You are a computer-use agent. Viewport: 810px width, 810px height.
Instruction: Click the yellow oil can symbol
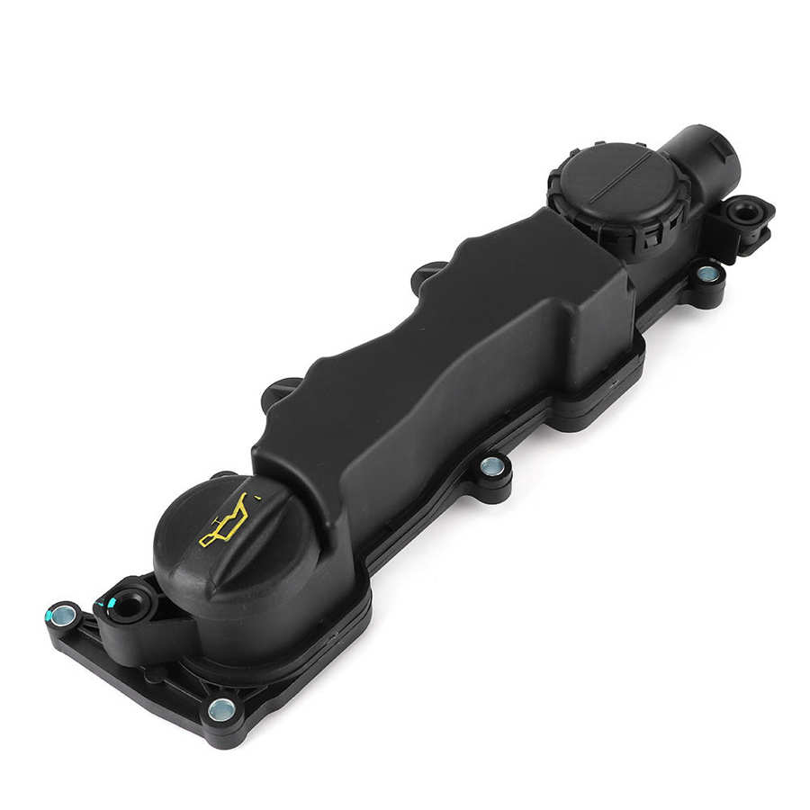[x=225, y=523]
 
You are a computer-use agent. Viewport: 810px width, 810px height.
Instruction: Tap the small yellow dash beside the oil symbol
[x=259, y=496]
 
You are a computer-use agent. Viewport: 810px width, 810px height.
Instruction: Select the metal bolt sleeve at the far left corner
[x=63, y=616]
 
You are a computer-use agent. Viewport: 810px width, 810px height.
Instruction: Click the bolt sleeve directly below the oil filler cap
[x=219, y=710]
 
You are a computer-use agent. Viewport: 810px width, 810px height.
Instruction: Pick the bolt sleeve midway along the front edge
[x=491, y=465]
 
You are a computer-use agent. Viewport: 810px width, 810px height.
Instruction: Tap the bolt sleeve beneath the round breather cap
[x=707, y=272]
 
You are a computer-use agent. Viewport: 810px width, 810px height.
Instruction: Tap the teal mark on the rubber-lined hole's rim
[x=112, y=601]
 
